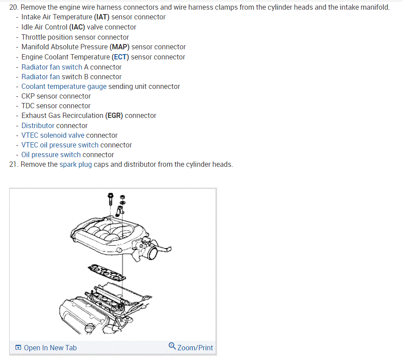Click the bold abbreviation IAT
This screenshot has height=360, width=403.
[102, 17]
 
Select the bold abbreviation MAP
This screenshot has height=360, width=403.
[120, 47]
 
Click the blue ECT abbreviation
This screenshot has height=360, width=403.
[120, 57]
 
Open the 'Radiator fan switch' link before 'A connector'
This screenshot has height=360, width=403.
[51, 67]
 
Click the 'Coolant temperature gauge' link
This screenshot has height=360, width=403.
[64, 87]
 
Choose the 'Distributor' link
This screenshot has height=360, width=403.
[38, 126]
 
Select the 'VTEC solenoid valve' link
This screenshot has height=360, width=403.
[53, 136]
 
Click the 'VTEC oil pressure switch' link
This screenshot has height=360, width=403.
[60, 145]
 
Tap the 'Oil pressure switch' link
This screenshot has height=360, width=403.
[51, 155]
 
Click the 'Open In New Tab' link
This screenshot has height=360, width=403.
[50, 348]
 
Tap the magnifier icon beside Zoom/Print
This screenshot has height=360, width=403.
[172, 346]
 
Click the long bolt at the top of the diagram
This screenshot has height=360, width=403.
[110, 200]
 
